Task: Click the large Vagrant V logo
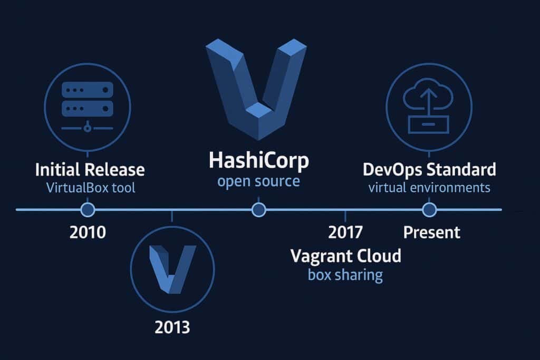click(x=257, y=87)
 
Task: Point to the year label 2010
click(x=88, y=232)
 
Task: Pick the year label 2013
click(x=172, y=328)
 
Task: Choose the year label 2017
click(x=345, y=232)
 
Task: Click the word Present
click(x=432, y=232)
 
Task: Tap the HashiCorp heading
click(x=258, y=161)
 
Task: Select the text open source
click(x=258, y=182)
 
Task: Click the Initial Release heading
click(x=90, y=170)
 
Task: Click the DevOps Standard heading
click(x=429, y=170)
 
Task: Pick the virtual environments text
click(x=429, y=187)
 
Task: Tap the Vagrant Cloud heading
click(x=345, y=257)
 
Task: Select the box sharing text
click(x=345, y=275)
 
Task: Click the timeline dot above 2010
click(x=88, y=210)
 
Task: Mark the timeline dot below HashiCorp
click(x=258, y=210)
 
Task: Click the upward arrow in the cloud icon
click(x=428, y=99)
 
